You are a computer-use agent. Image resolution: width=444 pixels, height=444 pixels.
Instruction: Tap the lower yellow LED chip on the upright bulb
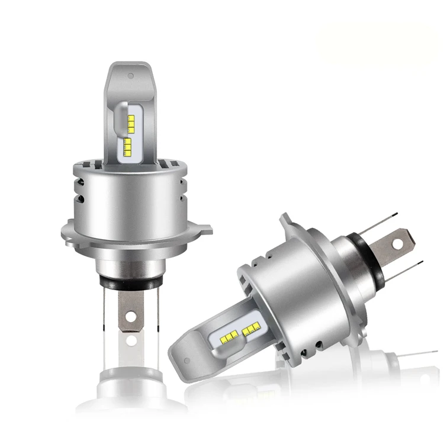tap(127, 146)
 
